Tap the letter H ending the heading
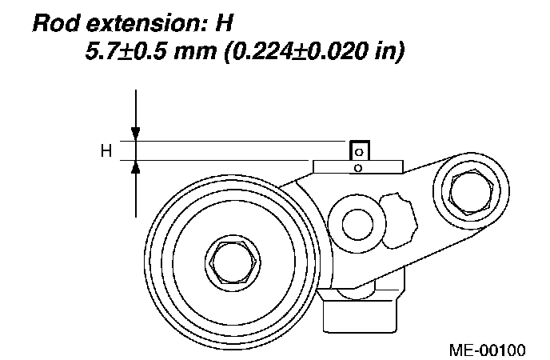click(x=224, y=23)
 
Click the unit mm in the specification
click(x=195, y=52)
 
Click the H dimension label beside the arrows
click(x=106, y=151)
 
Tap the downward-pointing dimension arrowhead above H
click(x=136, y=134)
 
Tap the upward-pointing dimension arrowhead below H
click(x=136, y=167)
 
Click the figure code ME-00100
click(x=488, y=350)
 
